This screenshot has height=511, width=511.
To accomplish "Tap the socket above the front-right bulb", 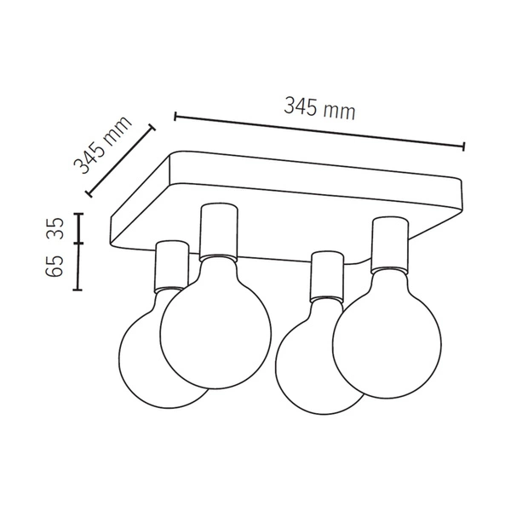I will pyautogui.click(x=388, y=243).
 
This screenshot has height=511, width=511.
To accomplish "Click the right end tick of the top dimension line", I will pyautogui.click(x=463, y=146).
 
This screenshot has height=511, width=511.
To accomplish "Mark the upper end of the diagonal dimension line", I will pyautogui.click(x=153, y=128).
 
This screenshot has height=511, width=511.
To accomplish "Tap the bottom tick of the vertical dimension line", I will pyautogui.click(x=78, y=289).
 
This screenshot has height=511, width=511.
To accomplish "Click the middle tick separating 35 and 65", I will pyautogui.click(x=78, y=243).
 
